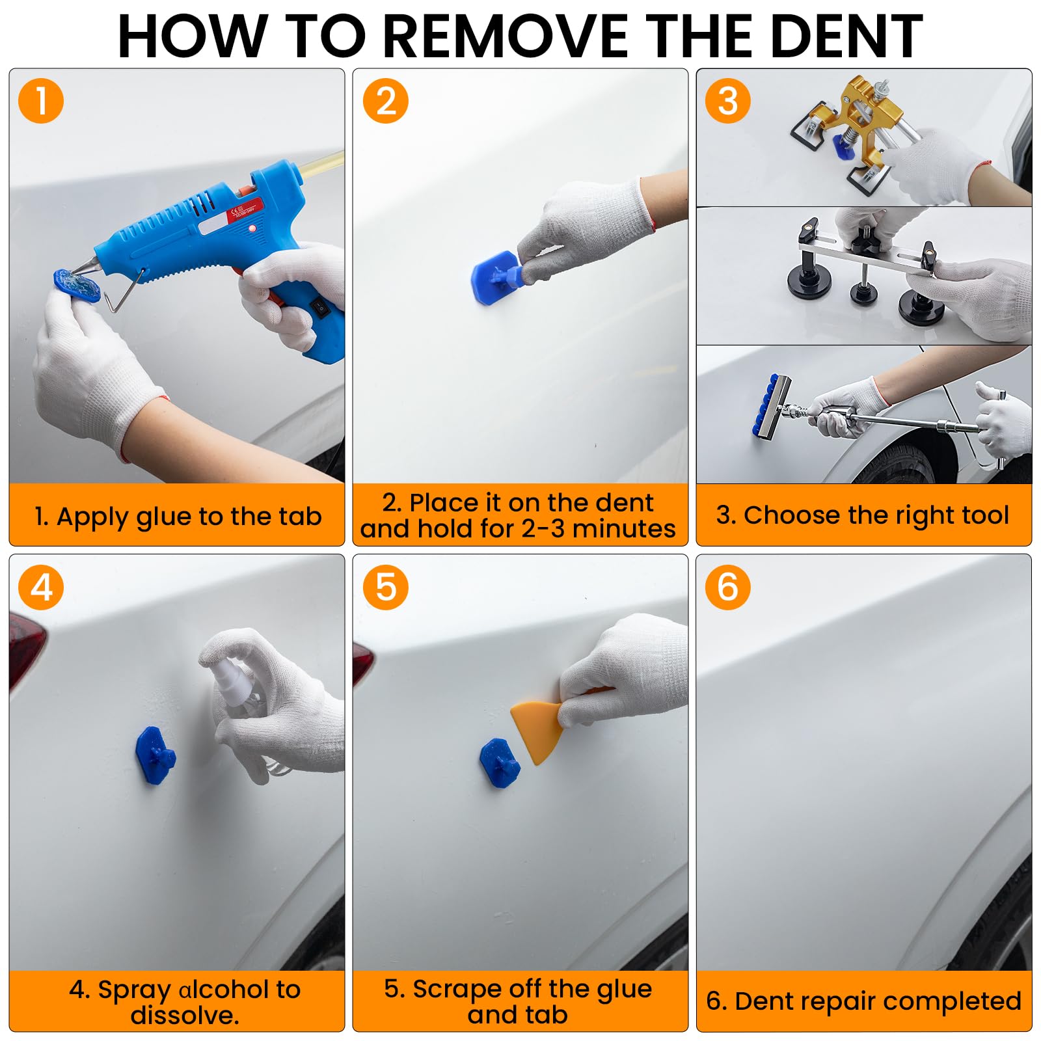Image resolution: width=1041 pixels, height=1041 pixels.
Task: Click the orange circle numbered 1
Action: pos(41,101)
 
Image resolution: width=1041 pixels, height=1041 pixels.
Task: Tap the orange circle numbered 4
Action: pos(41,587)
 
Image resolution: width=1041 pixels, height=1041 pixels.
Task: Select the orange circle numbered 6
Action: pos(727,587)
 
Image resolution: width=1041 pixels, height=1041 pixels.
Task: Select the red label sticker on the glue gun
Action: pos(244,215)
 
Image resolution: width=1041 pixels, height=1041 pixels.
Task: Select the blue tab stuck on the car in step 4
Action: pos(155,755)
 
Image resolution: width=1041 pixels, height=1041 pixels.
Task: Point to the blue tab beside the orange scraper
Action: pos(500,763)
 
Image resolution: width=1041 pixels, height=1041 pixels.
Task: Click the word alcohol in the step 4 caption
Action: pos(223,990)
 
